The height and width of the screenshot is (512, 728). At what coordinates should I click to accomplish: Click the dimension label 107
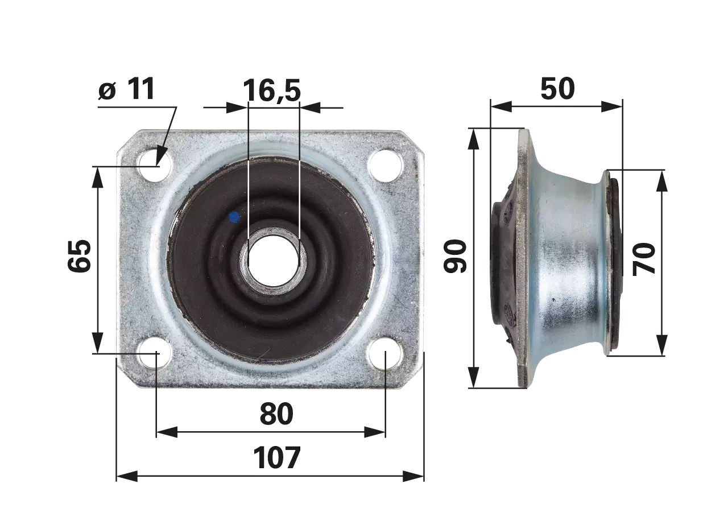[276, 458]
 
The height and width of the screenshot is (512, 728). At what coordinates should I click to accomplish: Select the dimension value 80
[276, 414]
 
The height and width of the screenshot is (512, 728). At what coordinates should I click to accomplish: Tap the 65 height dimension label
[79, 256]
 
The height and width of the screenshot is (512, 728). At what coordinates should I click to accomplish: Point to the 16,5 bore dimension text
[272, 90]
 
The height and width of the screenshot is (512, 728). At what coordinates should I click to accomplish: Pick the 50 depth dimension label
[558, 88]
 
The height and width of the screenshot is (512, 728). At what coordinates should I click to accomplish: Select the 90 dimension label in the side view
[455, 256]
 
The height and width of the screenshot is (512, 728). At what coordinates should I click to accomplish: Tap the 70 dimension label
[644, 259]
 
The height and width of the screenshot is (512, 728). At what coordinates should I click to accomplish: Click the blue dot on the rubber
[234, 217]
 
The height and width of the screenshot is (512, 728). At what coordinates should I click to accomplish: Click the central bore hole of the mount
[274, 261]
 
